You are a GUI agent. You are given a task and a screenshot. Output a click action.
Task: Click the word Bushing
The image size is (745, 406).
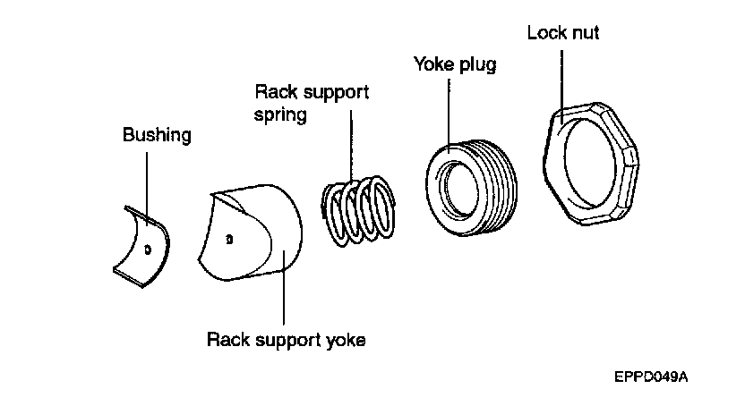[157, 136]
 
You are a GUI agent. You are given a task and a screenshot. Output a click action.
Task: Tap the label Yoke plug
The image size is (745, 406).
[454, 65]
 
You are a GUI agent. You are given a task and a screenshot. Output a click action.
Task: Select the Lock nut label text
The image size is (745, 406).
[563, 33]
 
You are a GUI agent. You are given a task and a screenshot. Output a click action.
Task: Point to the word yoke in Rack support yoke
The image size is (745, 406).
[347, 341]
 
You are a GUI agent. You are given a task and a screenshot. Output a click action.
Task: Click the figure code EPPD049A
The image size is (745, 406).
[650, 377]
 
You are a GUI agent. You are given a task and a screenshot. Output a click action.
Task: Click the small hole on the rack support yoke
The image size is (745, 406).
[229, 240]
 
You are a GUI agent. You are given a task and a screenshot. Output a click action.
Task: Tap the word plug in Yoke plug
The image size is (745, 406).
[476, 65]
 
